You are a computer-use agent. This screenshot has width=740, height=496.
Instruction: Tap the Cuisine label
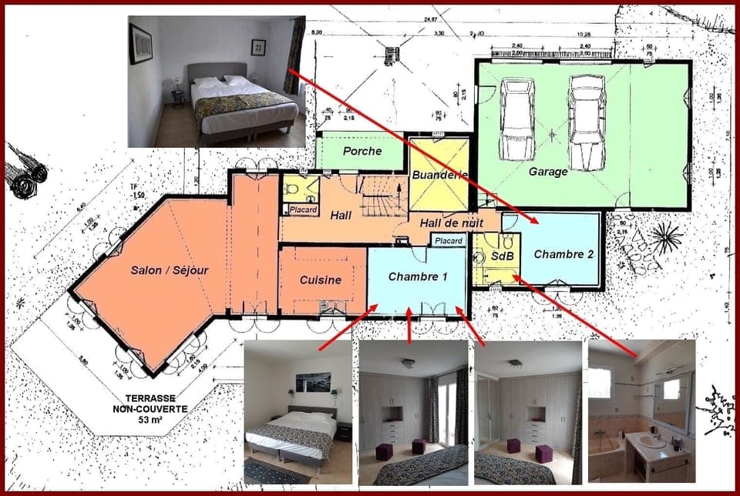320,280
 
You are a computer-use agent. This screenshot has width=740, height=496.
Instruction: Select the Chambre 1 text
417,276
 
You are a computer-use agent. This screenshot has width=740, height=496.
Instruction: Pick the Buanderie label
439,175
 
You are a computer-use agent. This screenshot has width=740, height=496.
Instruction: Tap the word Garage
548,173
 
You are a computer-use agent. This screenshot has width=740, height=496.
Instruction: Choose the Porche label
362,151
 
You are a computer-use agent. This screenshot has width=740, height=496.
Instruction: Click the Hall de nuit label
451,223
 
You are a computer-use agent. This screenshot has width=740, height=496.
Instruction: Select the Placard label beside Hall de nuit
448,241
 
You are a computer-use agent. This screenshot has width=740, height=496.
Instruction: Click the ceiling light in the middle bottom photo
408,363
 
